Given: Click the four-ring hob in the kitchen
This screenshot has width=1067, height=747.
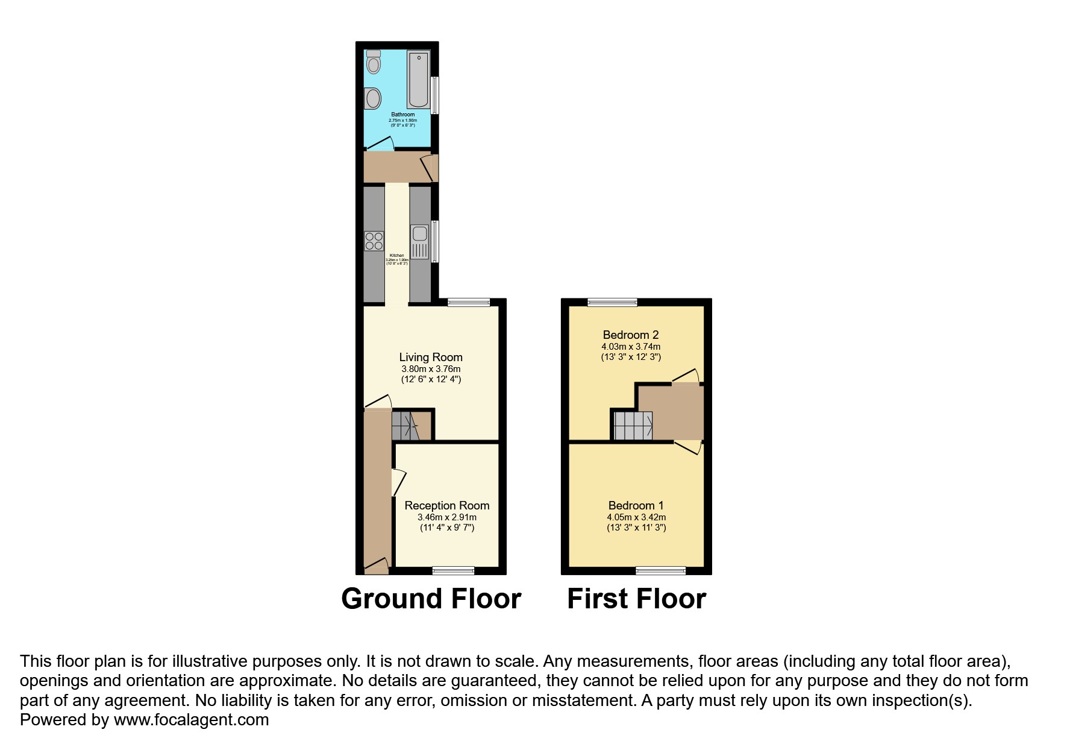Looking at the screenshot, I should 374,241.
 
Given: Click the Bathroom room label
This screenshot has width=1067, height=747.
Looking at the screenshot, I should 402,115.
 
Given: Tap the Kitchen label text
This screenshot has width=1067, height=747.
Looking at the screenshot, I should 396,255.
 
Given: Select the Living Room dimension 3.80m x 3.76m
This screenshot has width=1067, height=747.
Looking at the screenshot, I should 431,369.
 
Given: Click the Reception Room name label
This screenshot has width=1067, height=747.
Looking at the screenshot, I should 446,505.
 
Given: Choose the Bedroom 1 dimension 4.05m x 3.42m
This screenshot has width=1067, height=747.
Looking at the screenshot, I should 636,517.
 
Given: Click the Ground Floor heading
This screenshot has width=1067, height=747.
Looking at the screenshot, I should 431,599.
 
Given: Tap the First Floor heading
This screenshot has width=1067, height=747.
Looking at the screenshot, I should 636,599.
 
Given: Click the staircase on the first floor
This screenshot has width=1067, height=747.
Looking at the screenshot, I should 633,426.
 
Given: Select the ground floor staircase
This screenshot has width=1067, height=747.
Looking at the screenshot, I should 405,426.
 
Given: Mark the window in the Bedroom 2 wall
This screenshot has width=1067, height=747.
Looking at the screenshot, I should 612,302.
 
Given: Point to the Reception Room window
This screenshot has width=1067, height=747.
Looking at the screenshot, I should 453,570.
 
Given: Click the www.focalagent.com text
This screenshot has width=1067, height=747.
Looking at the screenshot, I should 191,719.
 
